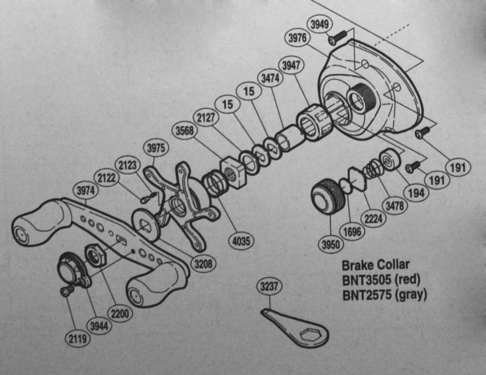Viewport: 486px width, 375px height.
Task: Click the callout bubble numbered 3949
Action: pyautogui.click(x=320, y=24)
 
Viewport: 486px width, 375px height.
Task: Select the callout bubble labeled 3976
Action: pyautogui.click(x=297, y=38)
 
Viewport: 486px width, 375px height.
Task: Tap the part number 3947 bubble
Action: pyautogui.click(x=291, y=66)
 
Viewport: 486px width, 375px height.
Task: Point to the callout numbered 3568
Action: pyautogui.click(x=185, y=130)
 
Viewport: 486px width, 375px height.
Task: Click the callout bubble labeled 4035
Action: pyautogui.click(x=241, y=241)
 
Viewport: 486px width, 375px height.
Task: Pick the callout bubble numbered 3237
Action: pyautogui.click(x=269, y=286)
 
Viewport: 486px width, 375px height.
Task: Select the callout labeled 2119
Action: pyautogui.click(x=78, y=339)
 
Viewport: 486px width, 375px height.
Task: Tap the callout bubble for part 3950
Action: pyautogui.click(x=330, y=245)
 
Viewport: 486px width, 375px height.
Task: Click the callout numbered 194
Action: pyautogui.click(x=416, y=193)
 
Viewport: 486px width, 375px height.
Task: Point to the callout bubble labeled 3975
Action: pyautogui.click(x=156, y=148)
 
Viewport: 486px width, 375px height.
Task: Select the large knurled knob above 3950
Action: pyautogui.click(x=328, y=197)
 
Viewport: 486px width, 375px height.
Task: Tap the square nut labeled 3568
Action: pyautogui.click(x=233, y=173)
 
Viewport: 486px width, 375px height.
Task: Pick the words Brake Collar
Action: pyautogui.click(x=375, y=265)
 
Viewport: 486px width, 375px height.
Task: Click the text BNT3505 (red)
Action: pyautogui.click(x=381, y=280)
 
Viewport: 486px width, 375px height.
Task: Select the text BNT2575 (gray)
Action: pyautogui.click(x=385, y=295)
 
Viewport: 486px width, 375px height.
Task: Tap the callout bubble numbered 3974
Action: pyautogui.click(x=86, y=191)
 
